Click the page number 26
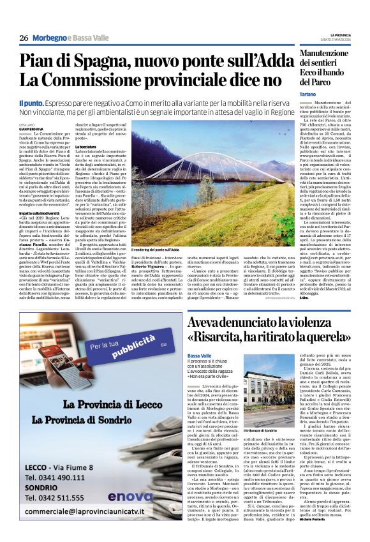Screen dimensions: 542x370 click(24, 38)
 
